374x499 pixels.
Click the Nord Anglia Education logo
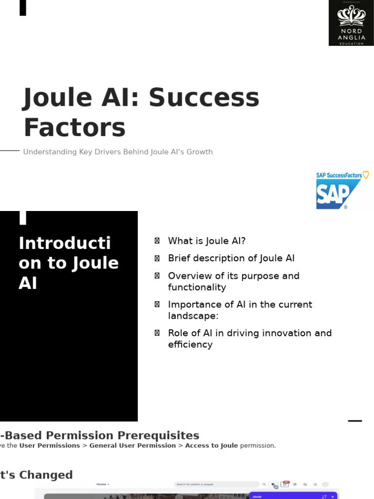(351, 23)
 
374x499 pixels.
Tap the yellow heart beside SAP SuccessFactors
(366, 175)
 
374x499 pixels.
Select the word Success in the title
(204, 97)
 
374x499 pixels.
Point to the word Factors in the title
(75, 128)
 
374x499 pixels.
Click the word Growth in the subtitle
(200, 152)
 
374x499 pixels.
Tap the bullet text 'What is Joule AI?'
(206, 241)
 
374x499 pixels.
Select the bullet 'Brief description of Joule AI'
(231, 258)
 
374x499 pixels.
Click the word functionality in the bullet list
(197, 288)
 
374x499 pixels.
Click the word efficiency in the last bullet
(190, 345)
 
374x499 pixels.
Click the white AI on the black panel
(28, 283)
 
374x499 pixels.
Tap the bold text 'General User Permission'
(132, 445)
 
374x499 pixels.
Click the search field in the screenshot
(217, 484)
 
